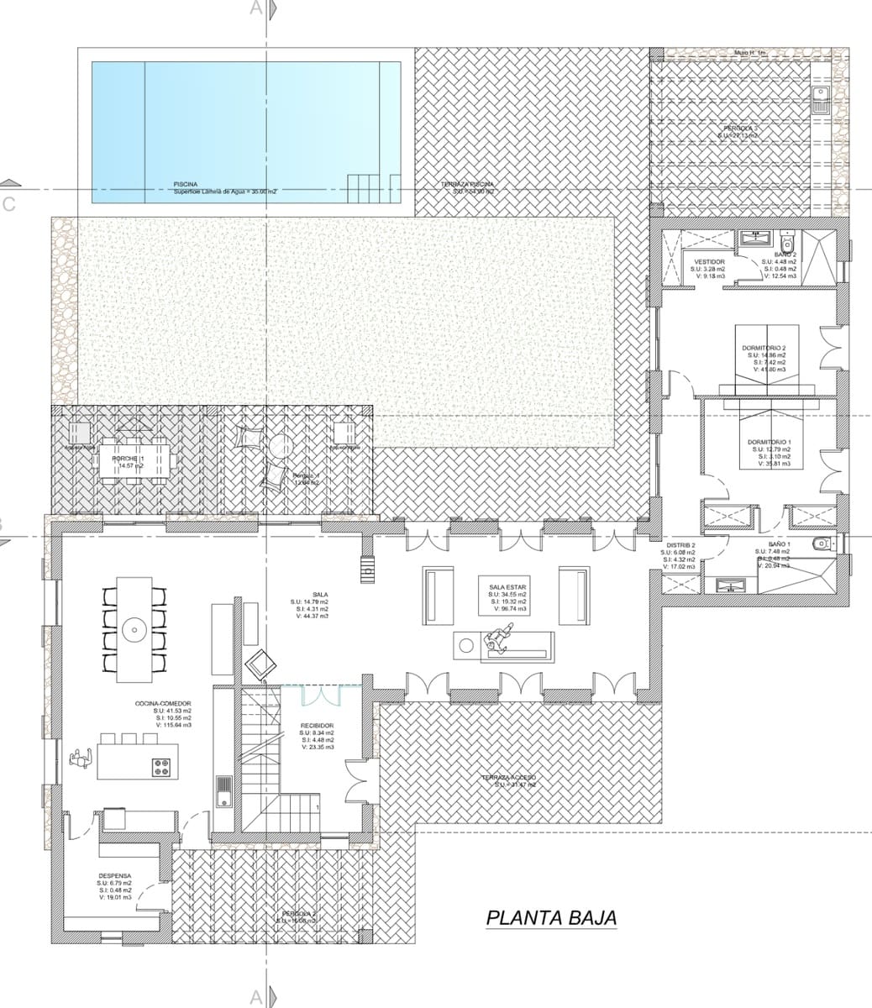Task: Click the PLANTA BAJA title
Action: pyautogui.click(x=551, y=917)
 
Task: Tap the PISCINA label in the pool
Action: pyautogui.click(x=186, y=183)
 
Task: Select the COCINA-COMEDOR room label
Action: pyautogui.click(x=163, y=703)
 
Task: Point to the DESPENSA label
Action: pyautogui.click(x=114, y=875)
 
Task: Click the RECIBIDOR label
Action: pyautogui.click(x=318, y=725)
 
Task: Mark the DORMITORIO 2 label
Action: pyautogui.click(x=764, y=348)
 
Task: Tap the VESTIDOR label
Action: pyautogui.click(x=710, y=262)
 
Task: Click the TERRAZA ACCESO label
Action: pyautogui.click(x=509, y=778)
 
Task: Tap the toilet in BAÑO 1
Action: pyautogui.click(x=822, y=544)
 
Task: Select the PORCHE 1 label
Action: pyautogui.click(x=129, y=458)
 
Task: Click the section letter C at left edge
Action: pyautogui.click(x=8, y=204)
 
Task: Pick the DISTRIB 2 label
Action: pyautogui.click(x=680, y=545)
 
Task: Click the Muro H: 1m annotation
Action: pyautogui.click(x=750, y=53)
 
